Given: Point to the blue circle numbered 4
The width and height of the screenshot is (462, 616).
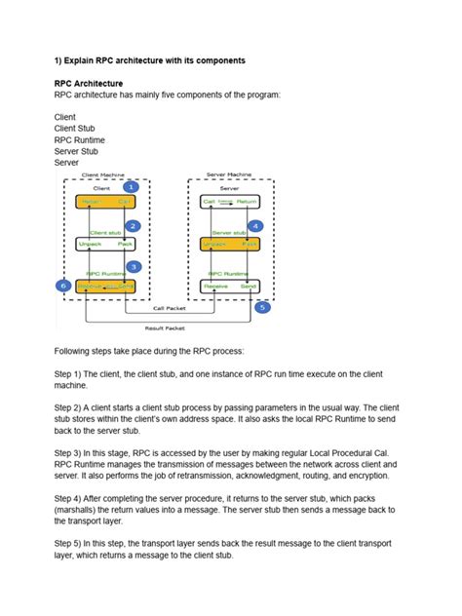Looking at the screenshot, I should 255,225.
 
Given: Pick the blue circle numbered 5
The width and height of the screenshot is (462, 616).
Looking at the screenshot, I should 260,307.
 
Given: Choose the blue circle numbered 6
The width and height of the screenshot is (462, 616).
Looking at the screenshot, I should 64,286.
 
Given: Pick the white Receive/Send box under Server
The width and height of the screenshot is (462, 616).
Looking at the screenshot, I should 230,286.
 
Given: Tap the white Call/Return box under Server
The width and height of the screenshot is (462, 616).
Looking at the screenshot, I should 230,203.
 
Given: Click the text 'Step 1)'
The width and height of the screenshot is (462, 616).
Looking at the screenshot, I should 72,373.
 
